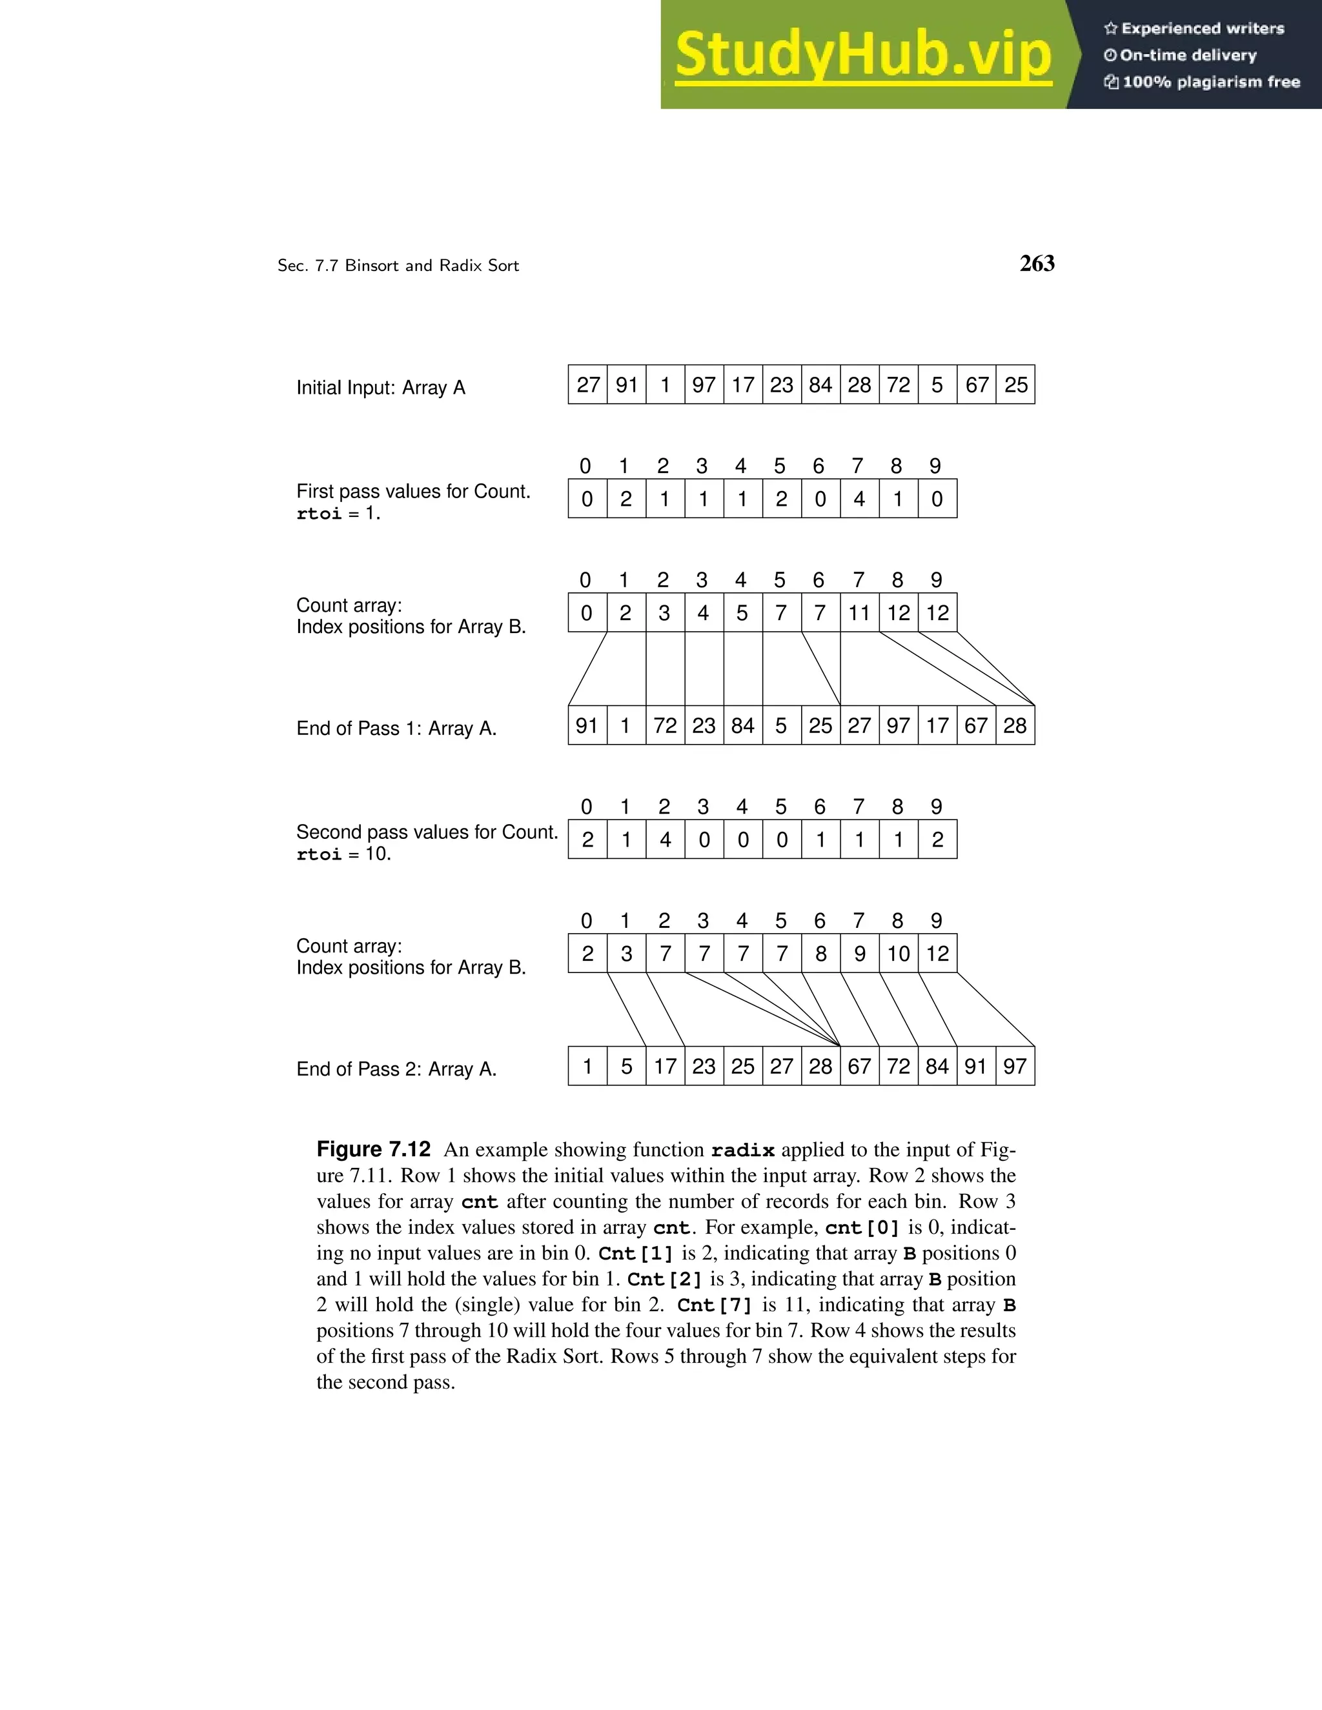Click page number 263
[1037, 264]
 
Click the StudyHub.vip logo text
[863, 54]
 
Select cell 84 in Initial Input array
[820, 385]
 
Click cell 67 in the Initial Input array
[976, 385]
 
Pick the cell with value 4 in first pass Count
[859, 499]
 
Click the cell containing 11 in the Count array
[859, 612]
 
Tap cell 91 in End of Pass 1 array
[587, 725]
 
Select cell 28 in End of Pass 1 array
[1015, 725]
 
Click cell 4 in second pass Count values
[665, 840]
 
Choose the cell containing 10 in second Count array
[899, 953]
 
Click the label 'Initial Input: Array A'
[381, 388]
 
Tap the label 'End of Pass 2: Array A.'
[396, 1069]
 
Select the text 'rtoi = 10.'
[343, 854]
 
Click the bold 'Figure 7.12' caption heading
[374, 1149]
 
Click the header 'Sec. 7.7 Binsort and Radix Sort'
[398, 265]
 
